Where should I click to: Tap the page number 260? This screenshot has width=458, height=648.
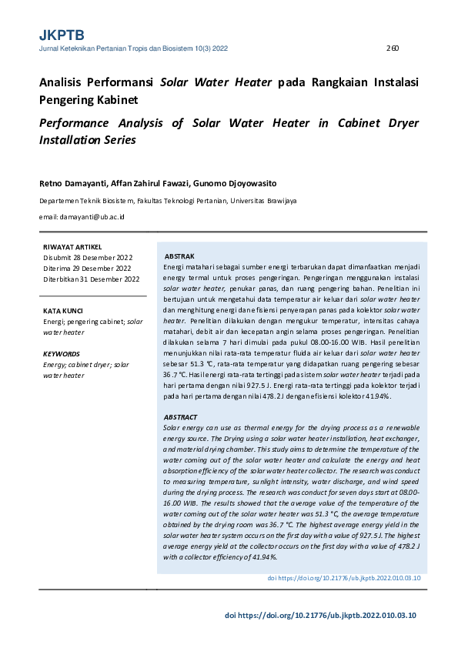click(392, 48)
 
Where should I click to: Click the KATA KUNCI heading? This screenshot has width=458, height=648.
click(64, 311)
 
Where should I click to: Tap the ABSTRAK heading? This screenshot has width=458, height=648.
click(179, 256)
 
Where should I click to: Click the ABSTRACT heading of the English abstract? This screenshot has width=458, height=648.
click(181, 417)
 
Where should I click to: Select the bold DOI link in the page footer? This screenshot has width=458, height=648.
click(320, 616)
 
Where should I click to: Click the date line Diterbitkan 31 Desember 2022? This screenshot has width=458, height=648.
click(91, 279)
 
